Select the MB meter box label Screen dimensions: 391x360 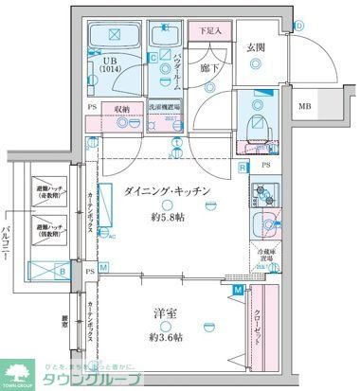coord(305,107)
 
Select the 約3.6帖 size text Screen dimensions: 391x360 coord(168,337)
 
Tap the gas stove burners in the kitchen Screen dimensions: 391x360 coord(262,195)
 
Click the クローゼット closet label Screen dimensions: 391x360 coord(259,327)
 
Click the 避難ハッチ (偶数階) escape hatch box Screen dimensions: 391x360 coord(49,228)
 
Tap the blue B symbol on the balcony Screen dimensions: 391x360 coord(62,272)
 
